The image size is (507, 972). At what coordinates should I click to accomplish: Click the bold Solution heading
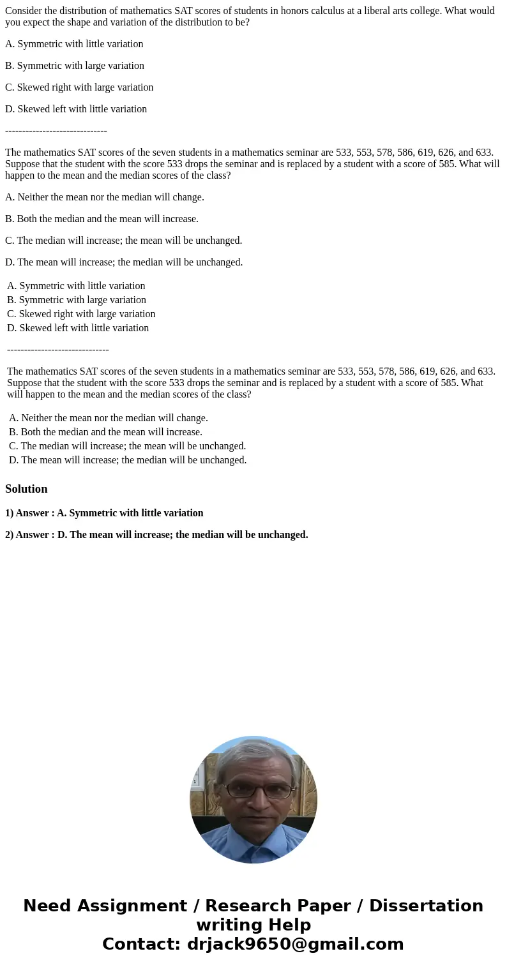pos(26,489)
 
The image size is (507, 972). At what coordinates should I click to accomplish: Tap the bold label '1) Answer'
pos(28,513)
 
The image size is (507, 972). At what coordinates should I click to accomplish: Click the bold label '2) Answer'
pos(28,535)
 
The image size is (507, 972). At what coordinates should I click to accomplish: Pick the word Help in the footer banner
pos(289,925)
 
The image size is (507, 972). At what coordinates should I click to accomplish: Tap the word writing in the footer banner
pos(227,925)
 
